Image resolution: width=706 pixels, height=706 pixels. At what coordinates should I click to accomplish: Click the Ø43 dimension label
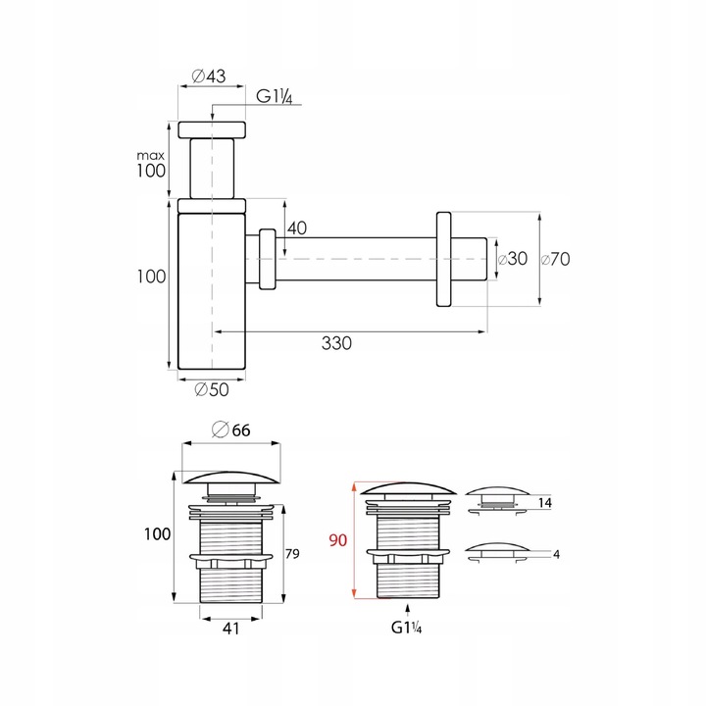(x=209, y=76)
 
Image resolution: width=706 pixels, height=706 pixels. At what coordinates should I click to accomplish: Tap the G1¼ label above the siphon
(x=275, y=96)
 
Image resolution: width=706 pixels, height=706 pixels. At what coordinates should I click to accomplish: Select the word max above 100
(x=151, y=156)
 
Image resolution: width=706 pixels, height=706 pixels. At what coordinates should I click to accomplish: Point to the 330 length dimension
(x=336, y=343)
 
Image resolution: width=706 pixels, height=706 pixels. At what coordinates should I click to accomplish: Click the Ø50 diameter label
(x=212, y=389)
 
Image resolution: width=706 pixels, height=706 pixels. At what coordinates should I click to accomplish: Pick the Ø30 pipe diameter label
(x=513, y=259)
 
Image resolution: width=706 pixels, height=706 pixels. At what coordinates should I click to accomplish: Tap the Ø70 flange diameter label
(x=555, y=259)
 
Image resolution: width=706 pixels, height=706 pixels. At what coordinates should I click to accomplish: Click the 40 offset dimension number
(x=297, y=228)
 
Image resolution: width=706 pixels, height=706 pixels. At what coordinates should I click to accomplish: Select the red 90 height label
(x=337, y=540)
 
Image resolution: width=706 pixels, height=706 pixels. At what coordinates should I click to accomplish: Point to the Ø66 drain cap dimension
(x=231, y=429)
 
